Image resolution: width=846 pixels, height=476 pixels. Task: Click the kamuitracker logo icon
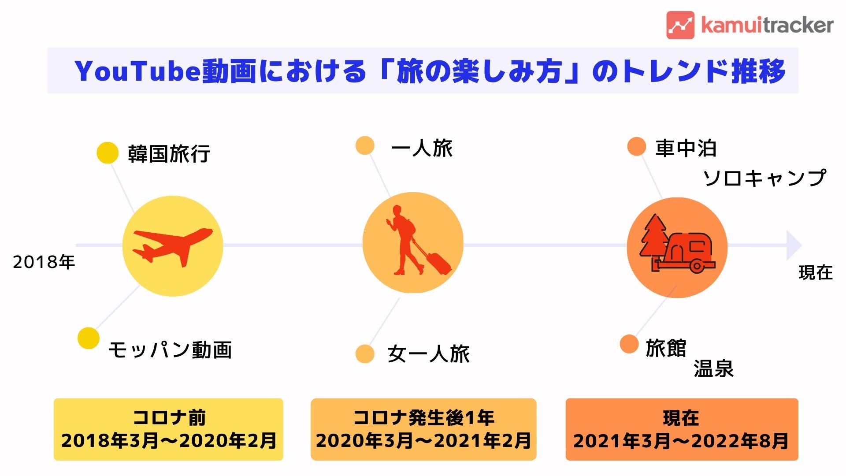[x=680, y=25]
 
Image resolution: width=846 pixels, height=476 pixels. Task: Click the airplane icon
[x=173, y=246]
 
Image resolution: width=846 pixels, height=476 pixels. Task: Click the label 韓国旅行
[x=169, y=153]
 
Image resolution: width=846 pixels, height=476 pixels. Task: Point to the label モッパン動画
[x=170, y=350]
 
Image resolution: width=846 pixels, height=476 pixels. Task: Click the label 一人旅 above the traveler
[x=422, y=148]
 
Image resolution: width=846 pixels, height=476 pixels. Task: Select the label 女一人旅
[x=428, y=354]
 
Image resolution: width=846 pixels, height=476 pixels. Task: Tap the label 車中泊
[x=686, y=148]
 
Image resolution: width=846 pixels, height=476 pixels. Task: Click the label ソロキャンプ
[x=764, y=178]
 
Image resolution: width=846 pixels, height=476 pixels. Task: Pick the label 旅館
[x=666, y=348]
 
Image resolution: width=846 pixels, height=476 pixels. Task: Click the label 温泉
[x=713, y=368]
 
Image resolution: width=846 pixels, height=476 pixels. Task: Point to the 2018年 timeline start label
[x=44, y=262]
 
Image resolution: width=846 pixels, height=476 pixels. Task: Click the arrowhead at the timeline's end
[x=794, y=245]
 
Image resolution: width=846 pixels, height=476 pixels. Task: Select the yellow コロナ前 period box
[x=168, y=429]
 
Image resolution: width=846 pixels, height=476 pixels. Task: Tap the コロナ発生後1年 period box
[x=423, y=429]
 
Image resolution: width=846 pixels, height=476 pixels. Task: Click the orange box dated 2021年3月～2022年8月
[x=682, y=429]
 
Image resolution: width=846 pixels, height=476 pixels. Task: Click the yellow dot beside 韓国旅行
[x=107, y=153]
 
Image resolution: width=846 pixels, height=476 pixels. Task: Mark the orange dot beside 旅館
[x=629, y=344]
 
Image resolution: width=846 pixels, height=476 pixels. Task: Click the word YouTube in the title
[x=137, y=71]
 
